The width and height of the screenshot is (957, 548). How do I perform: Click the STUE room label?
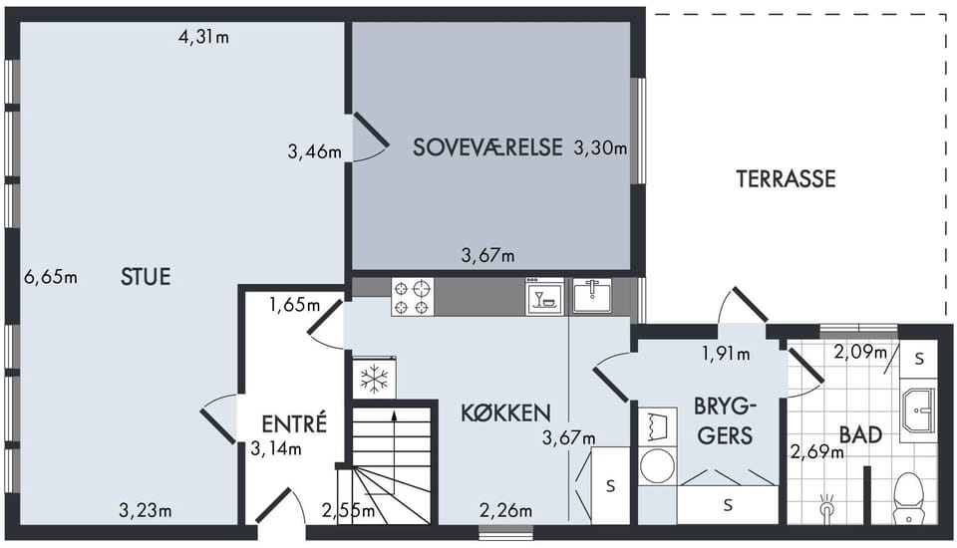tap(146, 277)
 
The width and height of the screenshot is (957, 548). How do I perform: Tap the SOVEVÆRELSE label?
tap(487, 147)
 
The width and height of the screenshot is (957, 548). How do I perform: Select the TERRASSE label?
tap(786, 178)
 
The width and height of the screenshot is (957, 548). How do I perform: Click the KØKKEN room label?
tap(506, 413)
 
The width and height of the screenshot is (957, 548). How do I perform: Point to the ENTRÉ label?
tap(294, 422)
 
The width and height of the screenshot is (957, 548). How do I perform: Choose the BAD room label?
tap(861, 435)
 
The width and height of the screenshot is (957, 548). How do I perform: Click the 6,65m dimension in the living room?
tap(51, 277)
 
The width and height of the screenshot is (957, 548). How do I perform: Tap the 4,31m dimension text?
tap(203, 37)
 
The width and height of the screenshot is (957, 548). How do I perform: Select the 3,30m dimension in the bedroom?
tap(600, 147)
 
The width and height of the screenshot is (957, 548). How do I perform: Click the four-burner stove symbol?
tap(413, 297)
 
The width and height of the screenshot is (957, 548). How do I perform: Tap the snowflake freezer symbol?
tap(374, 379)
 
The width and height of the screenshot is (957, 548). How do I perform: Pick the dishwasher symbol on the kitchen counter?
tap(544, 297)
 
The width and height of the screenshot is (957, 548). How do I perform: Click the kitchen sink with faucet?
tap(591, 296)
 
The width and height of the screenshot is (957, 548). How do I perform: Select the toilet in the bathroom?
tap(910, 498)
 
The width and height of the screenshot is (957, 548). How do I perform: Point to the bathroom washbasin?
tap(918, 411)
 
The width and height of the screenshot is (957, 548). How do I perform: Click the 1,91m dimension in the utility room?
tap(726, 354)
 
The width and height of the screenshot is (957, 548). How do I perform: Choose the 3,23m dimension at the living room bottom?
tap(146, 510)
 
